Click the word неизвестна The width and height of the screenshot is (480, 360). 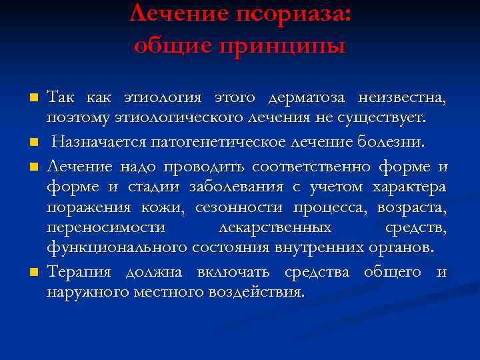[x=402, y=99]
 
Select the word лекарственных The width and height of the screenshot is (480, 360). [x=275, y=229]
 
